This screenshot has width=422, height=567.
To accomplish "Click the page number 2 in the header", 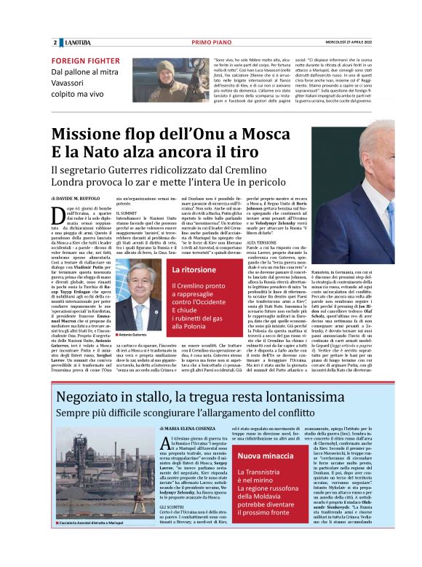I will tap(55, 43).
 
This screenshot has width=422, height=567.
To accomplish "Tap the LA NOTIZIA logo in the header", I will tap(77, 43).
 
